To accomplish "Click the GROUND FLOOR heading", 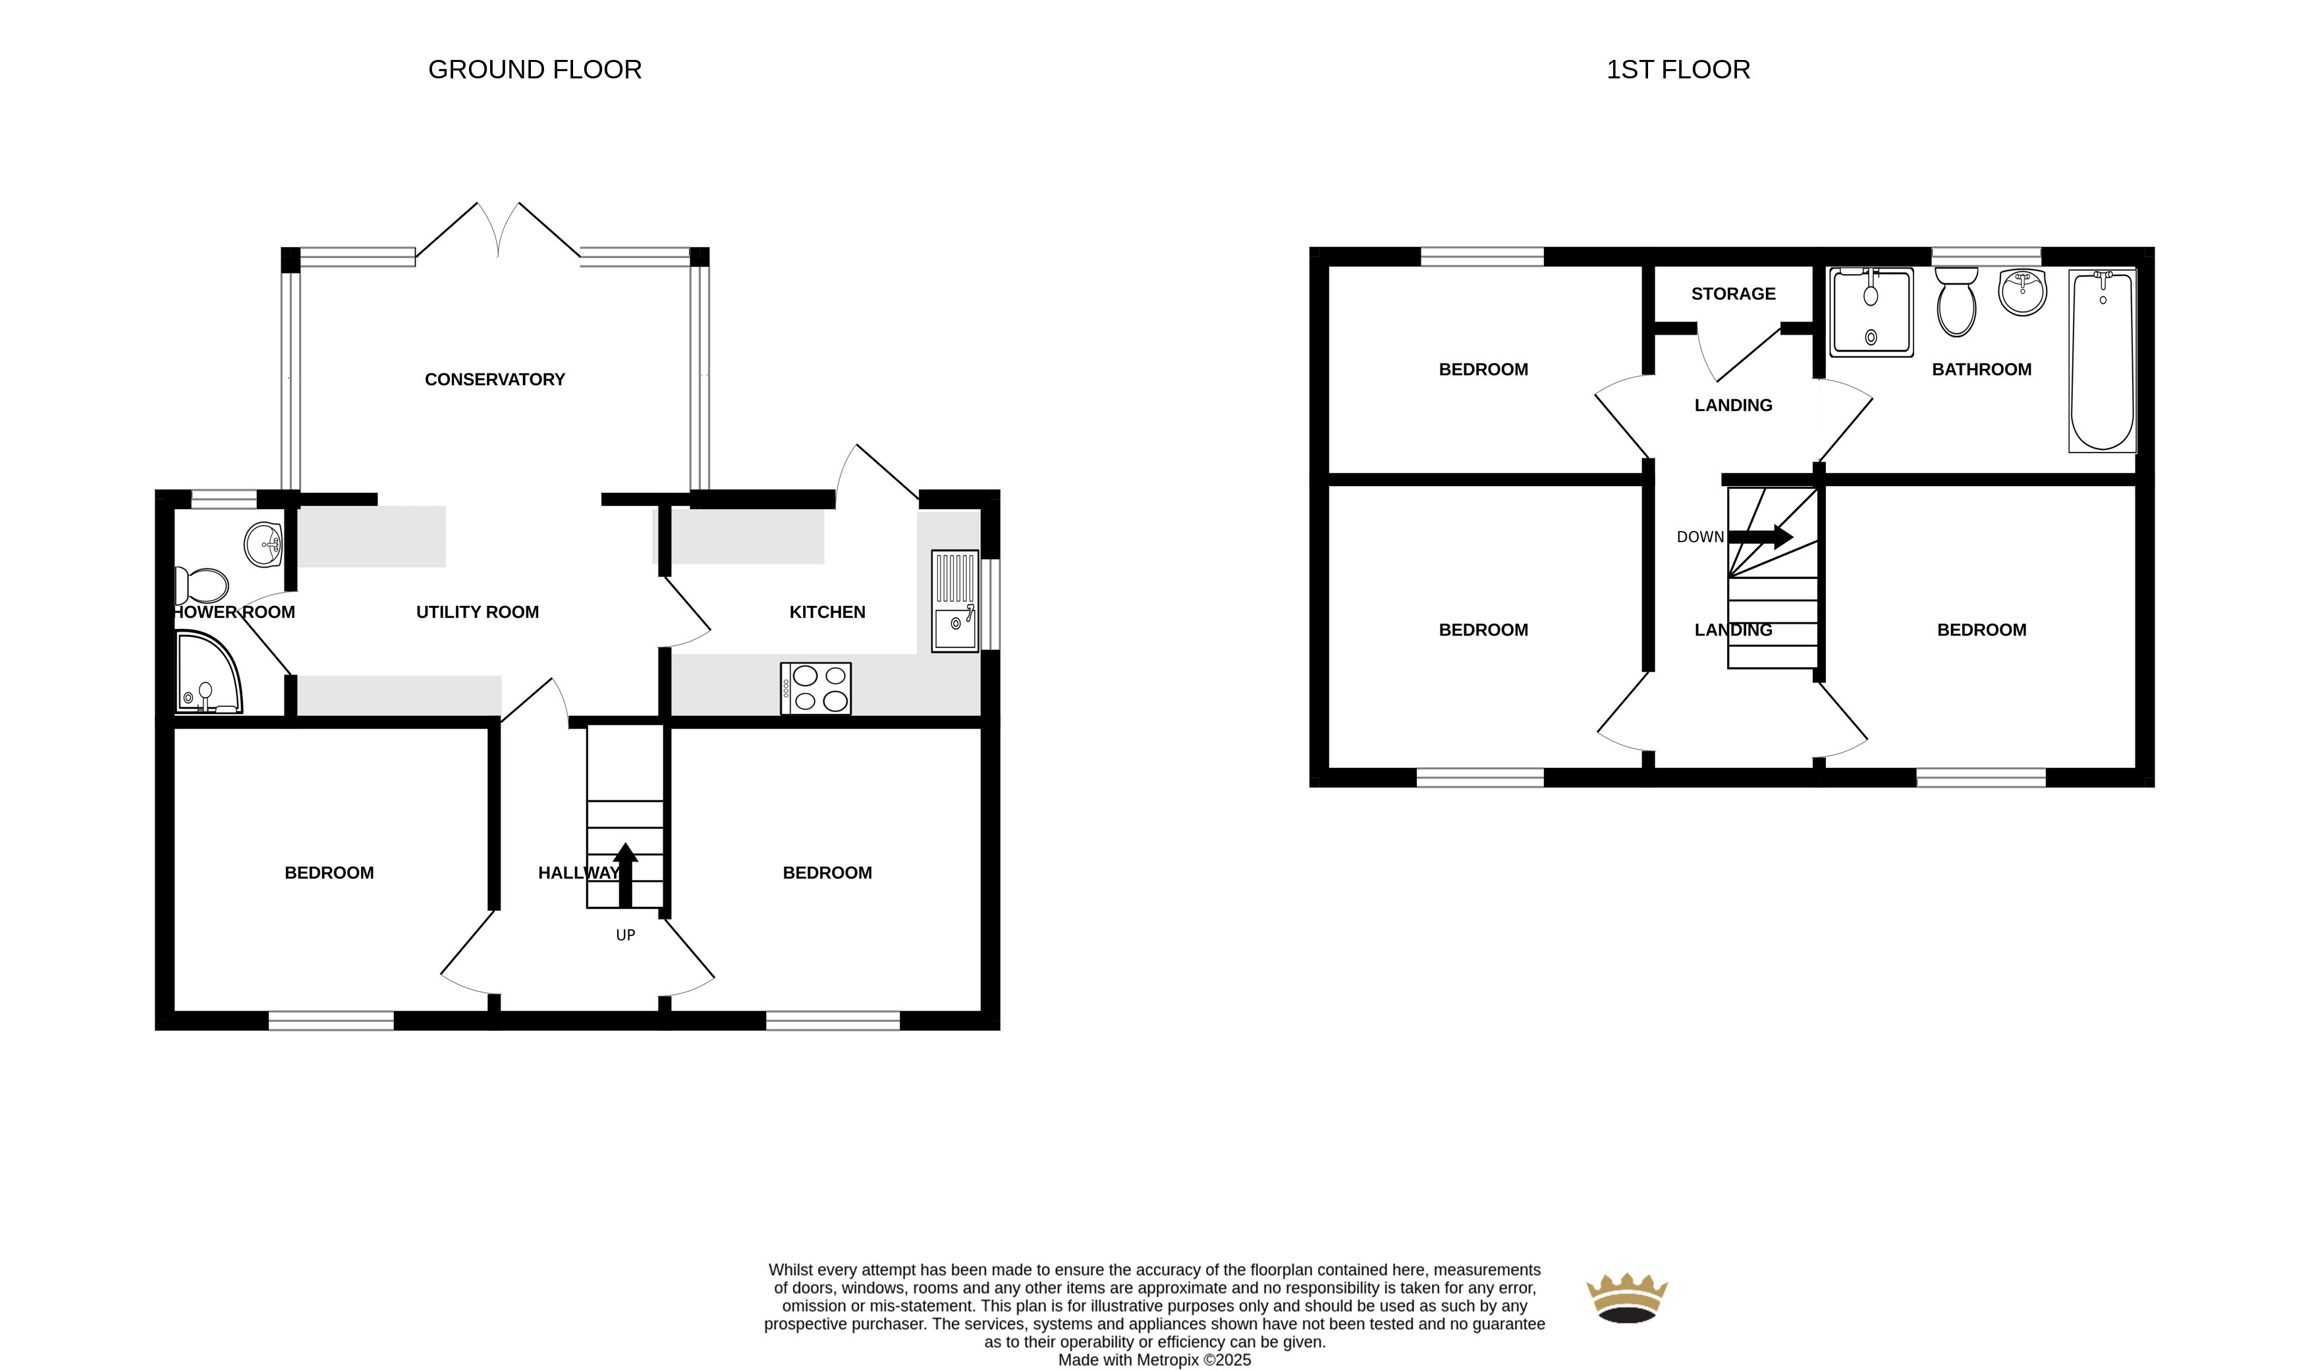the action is click(x=535, y=69).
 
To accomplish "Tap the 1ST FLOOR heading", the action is click(x=1678, y=69).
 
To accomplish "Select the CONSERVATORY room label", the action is click(x=495, y=379).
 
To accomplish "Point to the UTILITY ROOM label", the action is click(x=478, y=612).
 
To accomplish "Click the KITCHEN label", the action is click(x=827, y=612).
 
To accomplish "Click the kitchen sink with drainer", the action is click(x=954, y=601).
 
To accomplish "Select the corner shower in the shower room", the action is click(x=209, y=672).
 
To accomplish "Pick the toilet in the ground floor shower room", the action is click(x=202, y=586).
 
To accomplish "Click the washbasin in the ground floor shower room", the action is click(x=263, y=545).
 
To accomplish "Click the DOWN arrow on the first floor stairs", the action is click(x=1761, y=536).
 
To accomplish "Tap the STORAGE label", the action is click(x=1733, y=294).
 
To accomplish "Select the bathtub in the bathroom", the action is click(x=2103, y=361).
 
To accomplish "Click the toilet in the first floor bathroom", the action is click(x=1956, y=302).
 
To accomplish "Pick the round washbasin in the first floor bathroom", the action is click(x=2022, y=292).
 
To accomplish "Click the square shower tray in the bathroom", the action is click(x=1871, y=313).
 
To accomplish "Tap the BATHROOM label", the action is click(x=1981, y=370).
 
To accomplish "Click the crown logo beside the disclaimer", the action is click(x=1627, y=1298).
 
